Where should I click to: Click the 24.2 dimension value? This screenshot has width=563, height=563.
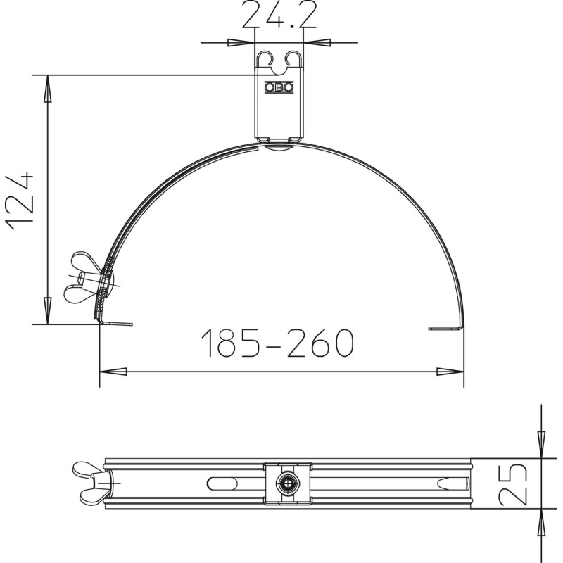(279, 14)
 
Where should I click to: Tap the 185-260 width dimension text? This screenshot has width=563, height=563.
(277, 343)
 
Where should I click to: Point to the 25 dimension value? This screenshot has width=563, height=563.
(513, 483)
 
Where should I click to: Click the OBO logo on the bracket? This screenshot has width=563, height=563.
(279, 87)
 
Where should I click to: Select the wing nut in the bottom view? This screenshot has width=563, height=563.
(91, 483)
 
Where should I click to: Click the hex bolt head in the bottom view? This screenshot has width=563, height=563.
(288, 483)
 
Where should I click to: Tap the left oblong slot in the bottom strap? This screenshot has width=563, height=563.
(222, 483)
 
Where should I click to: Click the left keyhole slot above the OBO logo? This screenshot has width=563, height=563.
(266, 59)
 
